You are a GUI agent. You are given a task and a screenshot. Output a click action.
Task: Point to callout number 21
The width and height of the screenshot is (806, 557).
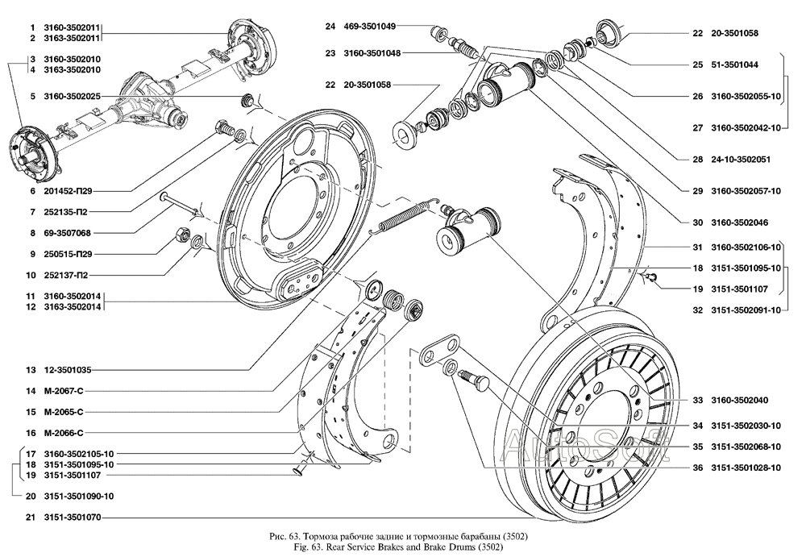coord(30,517)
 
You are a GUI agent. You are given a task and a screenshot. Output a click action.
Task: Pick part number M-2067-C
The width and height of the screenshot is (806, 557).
coord(67,391)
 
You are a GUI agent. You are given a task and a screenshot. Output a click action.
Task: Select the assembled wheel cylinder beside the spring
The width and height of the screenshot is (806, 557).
coord(468,230)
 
